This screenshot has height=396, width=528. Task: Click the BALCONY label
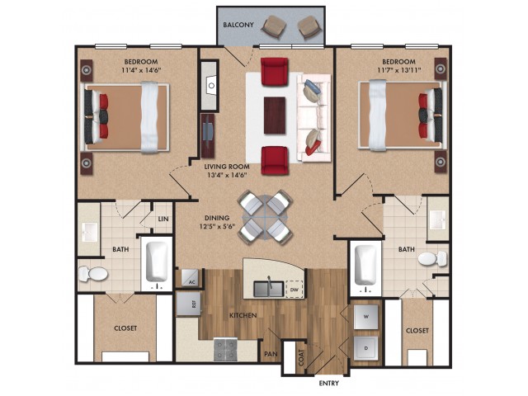coord(238,25)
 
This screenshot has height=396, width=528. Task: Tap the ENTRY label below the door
coord(328,383)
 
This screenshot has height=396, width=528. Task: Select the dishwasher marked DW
coord(294,289)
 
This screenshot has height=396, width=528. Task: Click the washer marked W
coord(366,317)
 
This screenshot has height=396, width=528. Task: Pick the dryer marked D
coord(366,348)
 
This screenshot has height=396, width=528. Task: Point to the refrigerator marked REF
coord(189,304)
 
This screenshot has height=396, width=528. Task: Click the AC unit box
coord(190,278)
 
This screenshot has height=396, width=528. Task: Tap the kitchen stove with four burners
coord(224,350)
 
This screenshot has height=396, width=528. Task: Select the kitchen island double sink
coord(268,289)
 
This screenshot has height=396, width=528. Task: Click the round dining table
coord(265,217)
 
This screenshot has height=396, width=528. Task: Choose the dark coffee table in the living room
coord(275,115)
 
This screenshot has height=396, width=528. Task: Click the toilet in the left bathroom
coord(93,274)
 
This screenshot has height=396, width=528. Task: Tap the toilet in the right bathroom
coord(432,259)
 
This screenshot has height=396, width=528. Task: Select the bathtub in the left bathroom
coord(157,262)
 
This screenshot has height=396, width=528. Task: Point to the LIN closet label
coord(163,219)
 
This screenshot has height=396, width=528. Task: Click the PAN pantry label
coord(271,354)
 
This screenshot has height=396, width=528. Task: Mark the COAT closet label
coord(301,357)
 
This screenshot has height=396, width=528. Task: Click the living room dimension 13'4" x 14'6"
coord(227,175)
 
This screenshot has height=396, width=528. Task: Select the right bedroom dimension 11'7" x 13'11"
coord(398,70)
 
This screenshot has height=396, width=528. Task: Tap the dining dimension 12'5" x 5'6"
coord(217,227)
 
